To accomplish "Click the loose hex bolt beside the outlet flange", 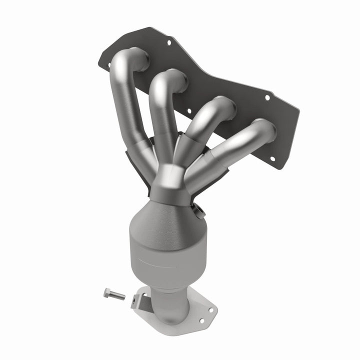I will (x=114, y=294).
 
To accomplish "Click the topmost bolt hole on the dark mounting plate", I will (x=168, y=42).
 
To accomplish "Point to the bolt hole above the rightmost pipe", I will (x=267, y=97).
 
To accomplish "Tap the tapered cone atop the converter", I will (x=165, y=215).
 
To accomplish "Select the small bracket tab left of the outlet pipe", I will (x=136, y=301).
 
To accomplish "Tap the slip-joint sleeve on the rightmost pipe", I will (x=207, y=162).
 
